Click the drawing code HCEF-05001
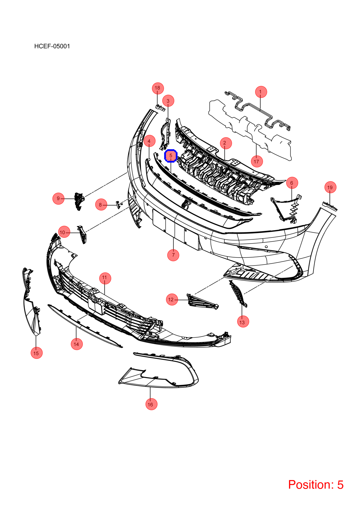(52, 46)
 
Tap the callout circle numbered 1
(261, 92)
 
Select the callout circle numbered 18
(158, 88)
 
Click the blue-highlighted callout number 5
(171, 156)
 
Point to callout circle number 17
(257, 161)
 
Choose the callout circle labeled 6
(292, 183)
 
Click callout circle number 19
(330, 187)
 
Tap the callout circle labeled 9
(58, 199)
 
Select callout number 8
(101, 205)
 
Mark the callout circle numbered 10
(64, 232)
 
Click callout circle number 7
(173, 255)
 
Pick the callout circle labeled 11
(105, 278)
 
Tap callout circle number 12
(172, 300)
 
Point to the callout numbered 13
(243, 322)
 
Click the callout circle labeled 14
(77, 344)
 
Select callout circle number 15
(36, 353)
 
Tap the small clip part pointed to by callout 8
(118, 204)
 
